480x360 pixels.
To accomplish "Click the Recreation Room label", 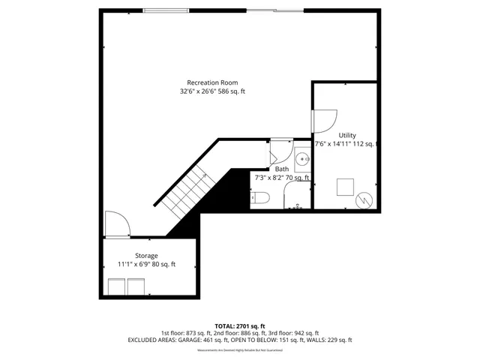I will coord(212,82).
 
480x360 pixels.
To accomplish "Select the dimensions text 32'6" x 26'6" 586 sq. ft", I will coord(212,91).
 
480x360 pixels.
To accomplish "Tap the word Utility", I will coord(347,135).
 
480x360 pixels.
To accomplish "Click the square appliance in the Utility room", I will coord(345,186).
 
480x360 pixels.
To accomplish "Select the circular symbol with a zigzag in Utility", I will coord(364,199).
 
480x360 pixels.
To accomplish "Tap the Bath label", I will coord(281,169).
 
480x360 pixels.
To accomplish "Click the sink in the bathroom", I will coord(302,158).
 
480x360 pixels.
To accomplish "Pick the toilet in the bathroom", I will coord(260,199).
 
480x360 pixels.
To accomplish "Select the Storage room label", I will coord(146,256).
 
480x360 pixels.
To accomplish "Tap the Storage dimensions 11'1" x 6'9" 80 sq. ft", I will coord(146,264).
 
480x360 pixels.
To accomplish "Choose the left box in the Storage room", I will coord(117,286).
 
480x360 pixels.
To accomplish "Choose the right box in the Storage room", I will coord(136,286).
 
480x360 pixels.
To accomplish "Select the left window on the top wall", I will coord(166,10).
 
